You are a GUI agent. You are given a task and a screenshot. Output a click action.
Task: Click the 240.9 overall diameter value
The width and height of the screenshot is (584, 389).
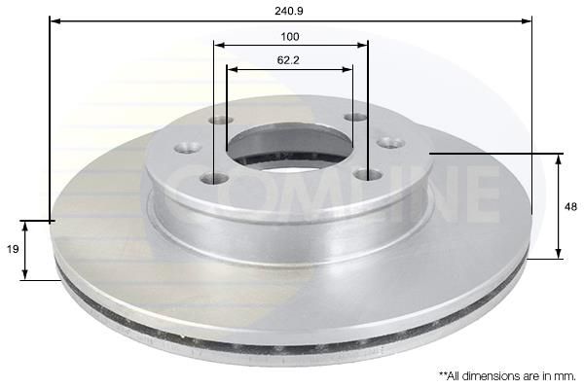tap(289, 11)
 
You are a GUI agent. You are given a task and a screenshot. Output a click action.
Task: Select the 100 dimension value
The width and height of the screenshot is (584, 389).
tap(290, 37)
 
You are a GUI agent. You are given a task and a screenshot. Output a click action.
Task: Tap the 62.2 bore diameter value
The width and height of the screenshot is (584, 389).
tap(288, 60)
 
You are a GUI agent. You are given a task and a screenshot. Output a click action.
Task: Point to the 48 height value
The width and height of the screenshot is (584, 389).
tap(570, 206)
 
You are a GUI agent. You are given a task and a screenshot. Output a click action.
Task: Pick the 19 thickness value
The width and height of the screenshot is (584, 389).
tap(13, 249)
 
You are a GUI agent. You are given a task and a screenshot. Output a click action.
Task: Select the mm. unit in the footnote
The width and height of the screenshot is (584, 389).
tap(565, 376)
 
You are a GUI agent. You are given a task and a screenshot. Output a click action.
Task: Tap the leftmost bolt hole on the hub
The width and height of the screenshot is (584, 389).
tap(188, 148)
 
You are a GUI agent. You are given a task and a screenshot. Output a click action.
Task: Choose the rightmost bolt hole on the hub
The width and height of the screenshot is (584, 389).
tap(390, 143)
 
